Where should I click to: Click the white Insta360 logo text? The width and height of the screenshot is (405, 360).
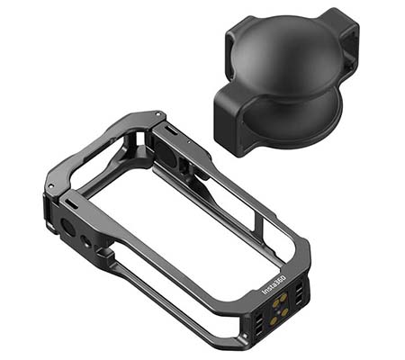click(274, 285)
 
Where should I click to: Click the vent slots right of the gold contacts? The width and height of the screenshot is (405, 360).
click(299, 295)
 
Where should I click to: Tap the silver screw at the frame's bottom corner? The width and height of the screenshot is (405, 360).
click(245, 336)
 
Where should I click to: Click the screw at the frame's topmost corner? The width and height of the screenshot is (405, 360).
click(158, 113)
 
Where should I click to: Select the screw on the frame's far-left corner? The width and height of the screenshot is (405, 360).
click(51, 186)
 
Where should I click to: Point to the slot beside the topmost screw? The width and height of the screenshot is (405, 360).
click(171, 130)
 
